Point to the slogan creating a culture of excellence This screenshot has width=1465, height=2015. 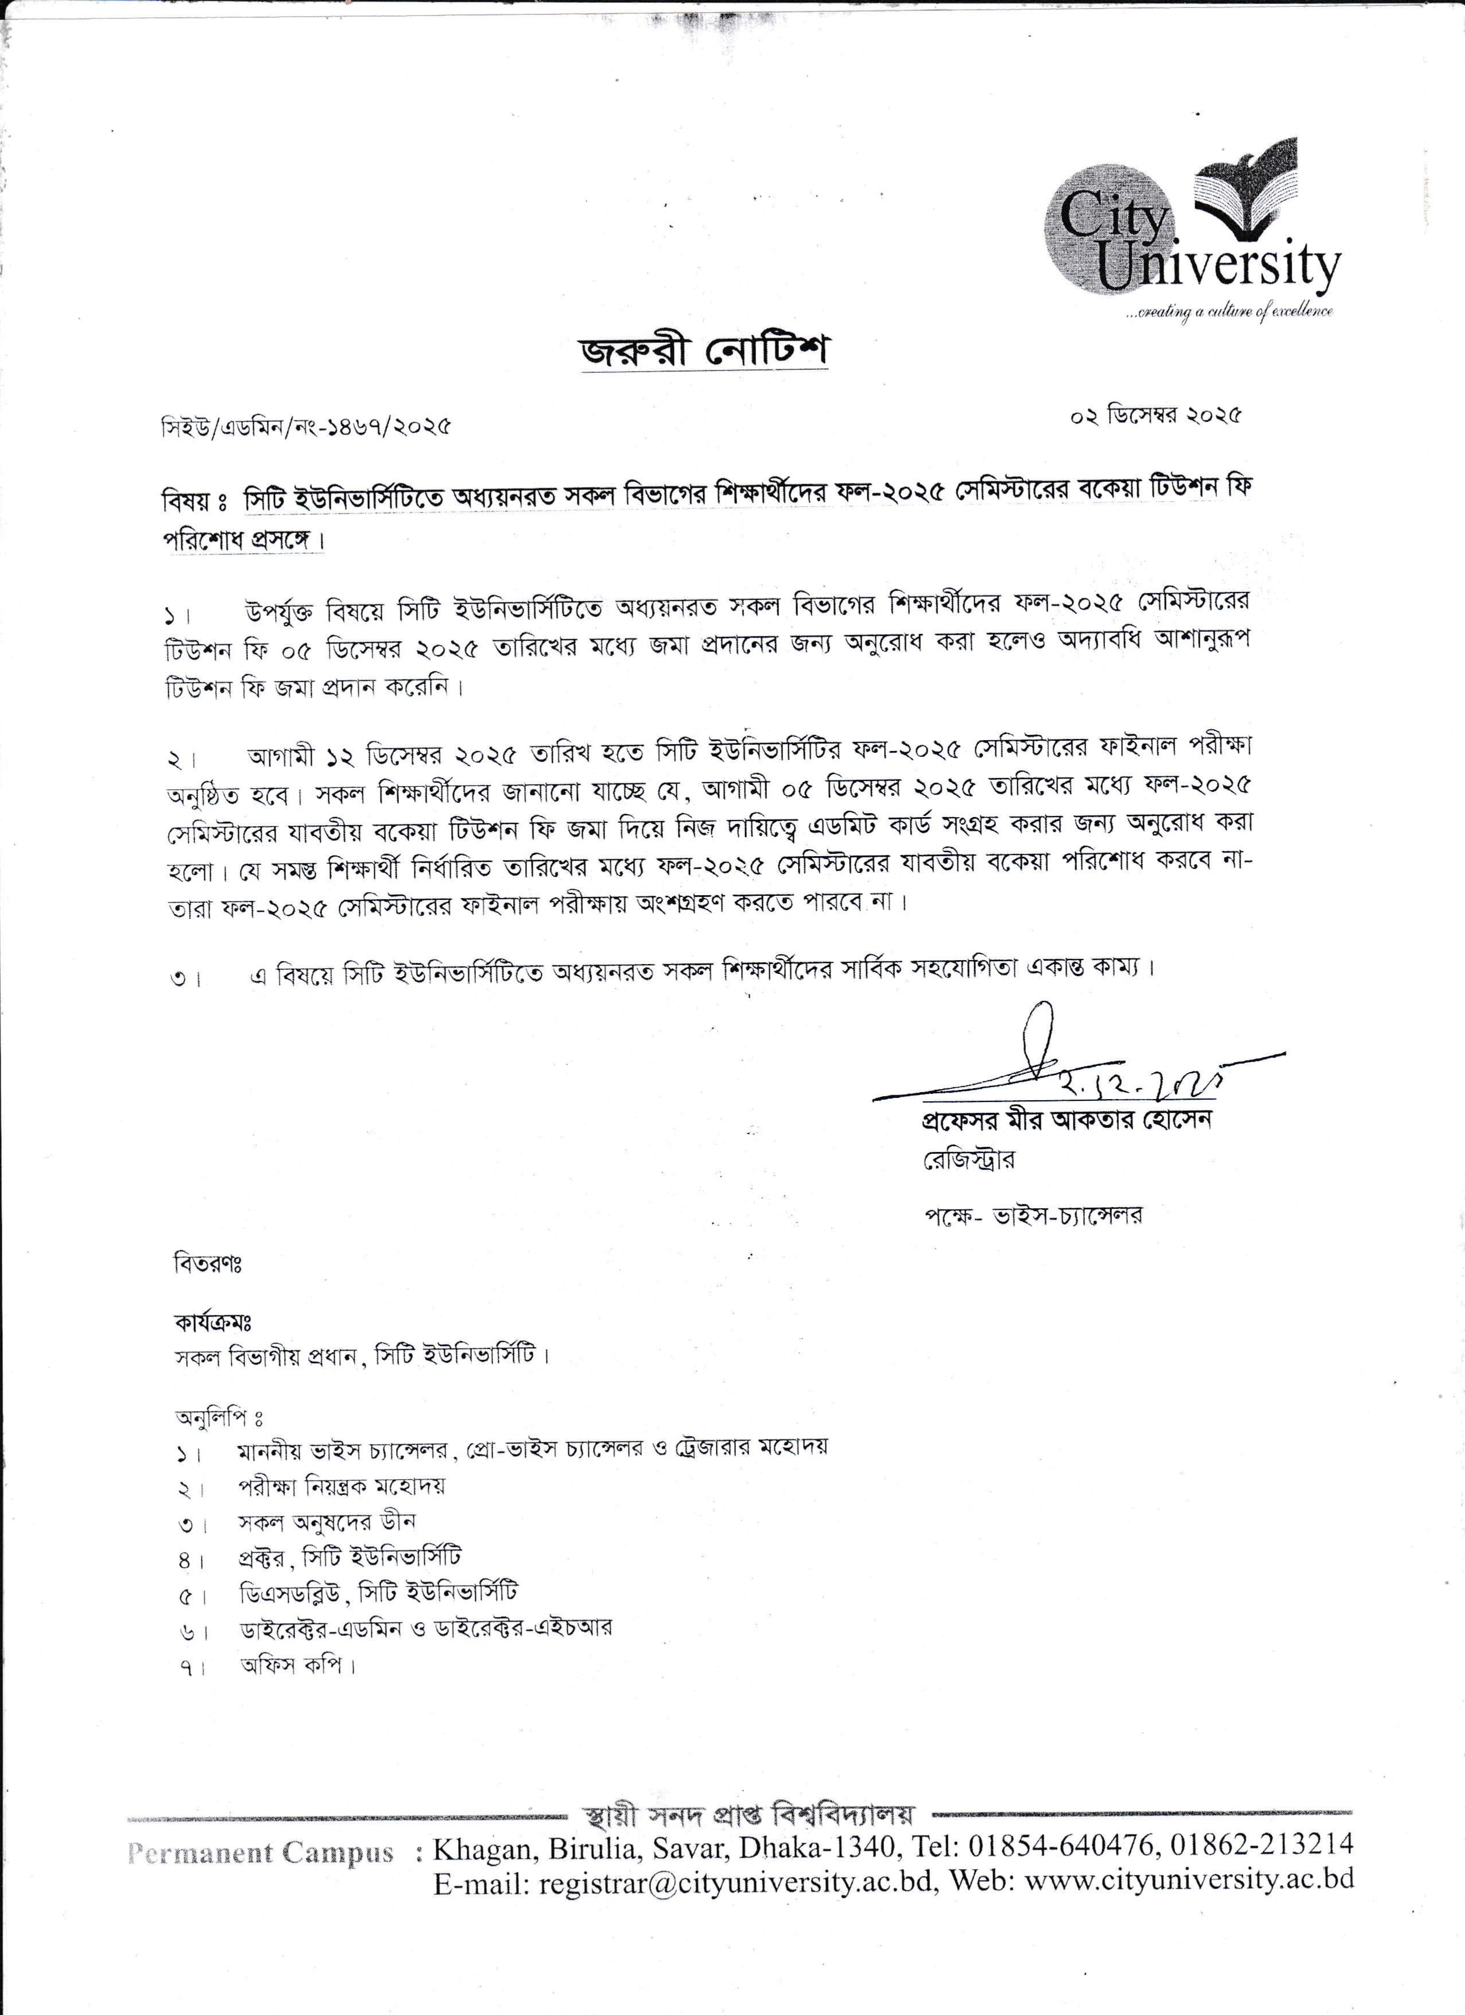tap(1230, 312)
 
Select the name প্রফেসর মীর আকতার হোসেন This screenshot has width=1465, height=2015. tap(1066, 1119)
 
